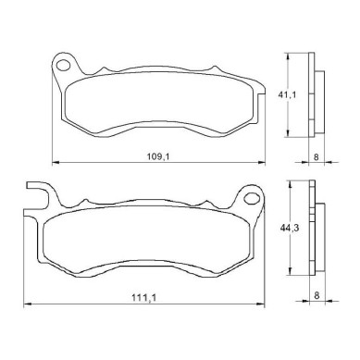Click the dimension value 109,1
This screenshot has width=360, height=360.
[x=158, y=156]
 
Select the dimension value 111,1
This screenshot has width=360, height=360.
[x=143, y=298]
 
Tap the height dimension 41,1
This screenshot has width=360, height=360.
[x=287, y=94]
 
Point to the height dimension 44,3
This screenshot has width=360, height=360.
[x=290, y=229]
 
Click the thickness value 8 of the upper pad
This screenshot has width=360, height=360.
[x=317, y=156]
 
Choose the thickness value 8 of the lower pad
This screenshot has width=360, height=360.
[x=317, y=295]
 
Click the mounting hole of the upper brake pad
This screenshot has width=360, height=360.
[x=64, y=66]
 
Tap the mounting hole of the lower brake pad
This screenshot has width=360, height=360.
[x=251, y=198]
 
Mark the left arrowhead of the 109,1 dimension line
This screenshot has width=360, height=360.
[x=55, y=162]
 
